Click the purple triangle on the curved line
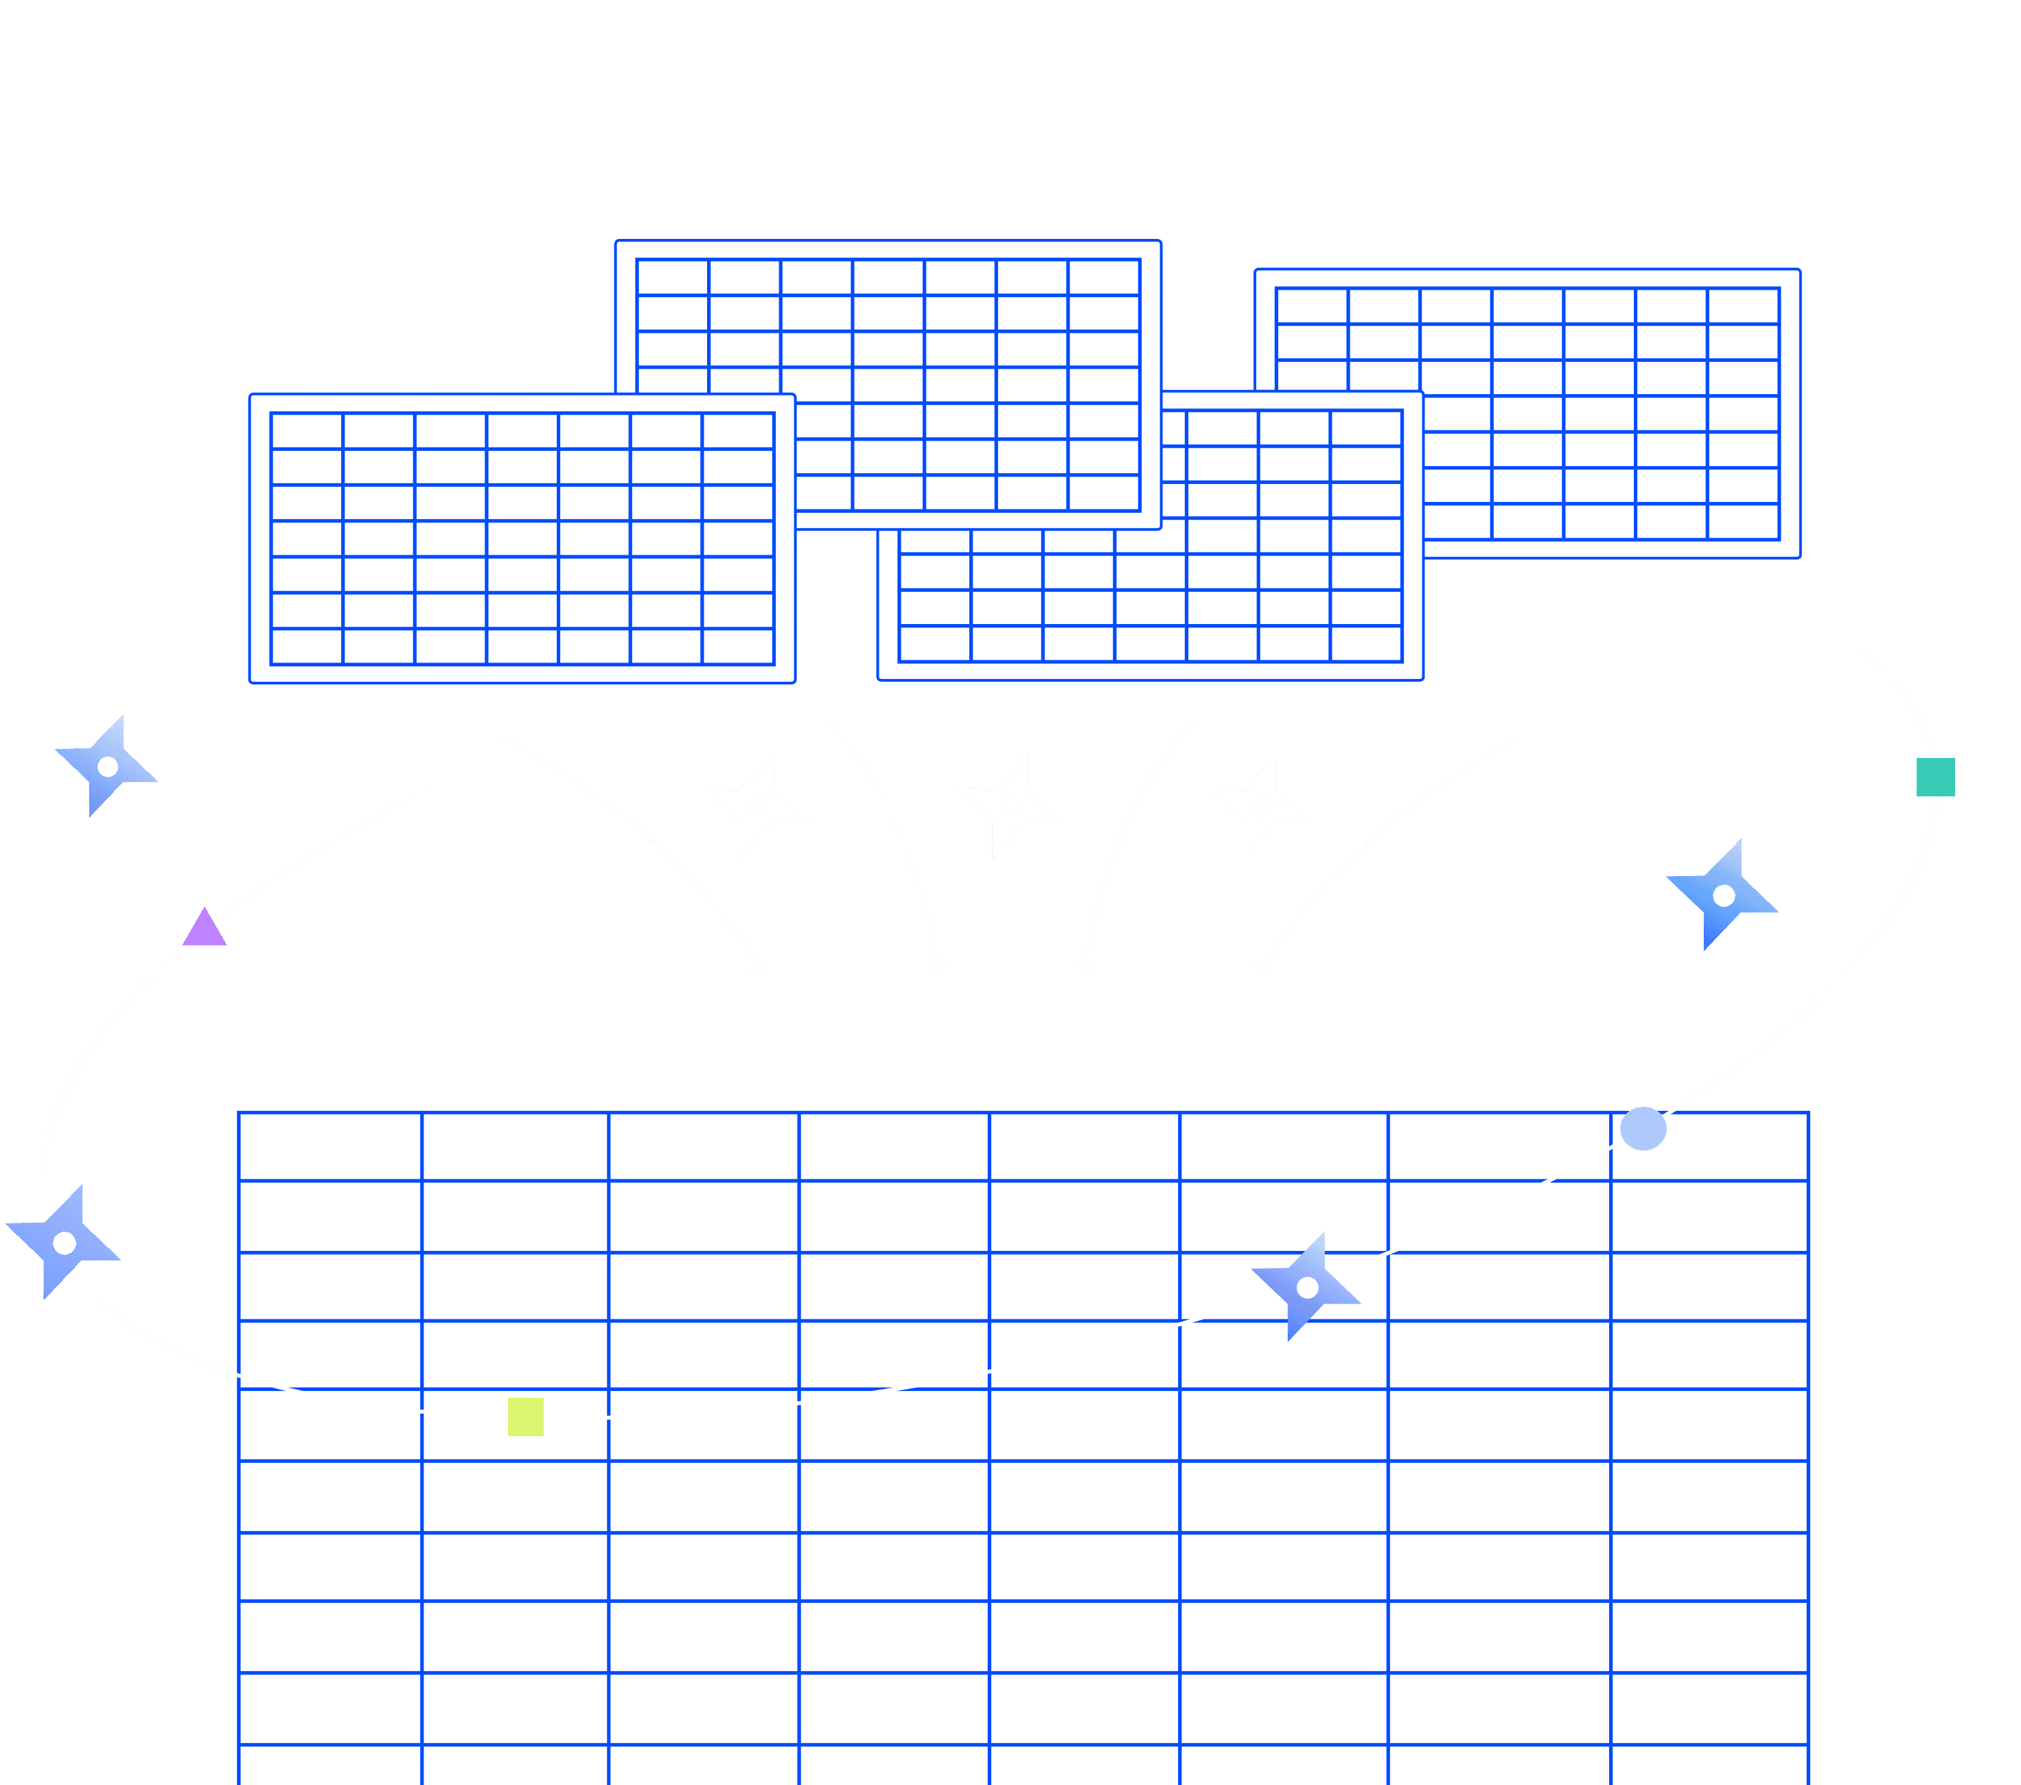[x=205, y=930]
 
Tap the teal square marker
[x=1935, y=776]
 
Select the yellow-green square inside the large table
[x=525, y=1416]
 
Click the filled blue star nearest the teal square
[x=1723, y=895]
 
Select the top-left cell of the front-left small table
[x=306, y=431]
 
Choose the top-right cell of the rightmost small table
[x=1743, y=306]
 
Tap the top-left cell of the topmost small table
[x=672, y=277]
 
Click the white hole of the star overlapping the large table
[x=1307, y=1287]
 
